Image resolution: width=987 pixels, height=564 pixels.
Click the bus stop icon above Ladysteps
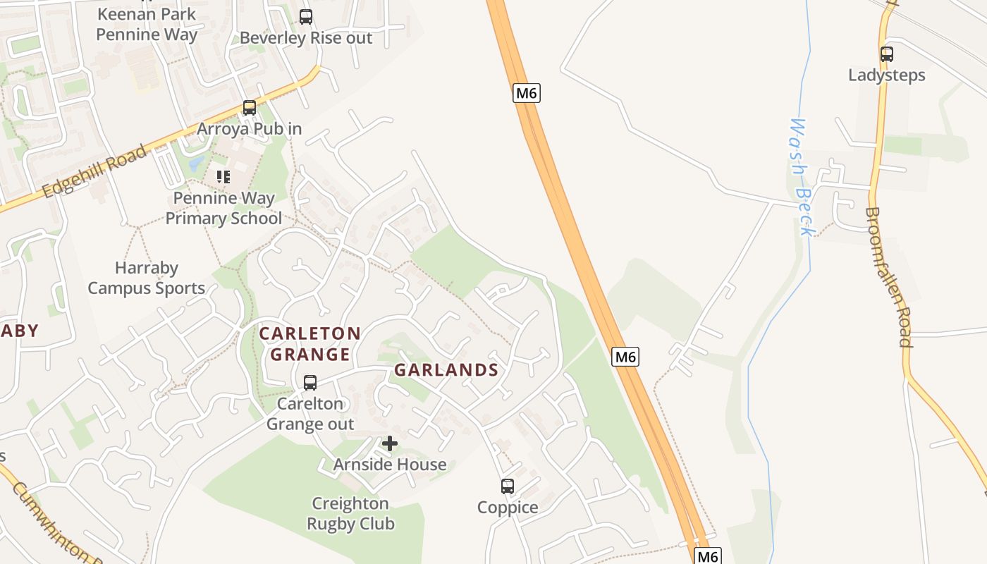point(887,54)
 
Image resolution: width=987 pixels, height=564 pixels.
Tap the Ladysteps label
point(887,75)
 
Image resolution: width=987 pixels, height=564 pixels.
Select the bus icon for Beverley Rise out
point(305,16)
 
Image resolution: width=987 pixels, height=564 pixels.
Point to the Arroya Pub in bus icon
point(249,108)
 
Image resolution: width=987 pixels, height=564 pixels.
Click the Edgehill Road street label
point(94,171)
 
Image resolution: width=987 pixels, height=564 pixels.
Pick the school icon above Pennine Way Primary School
point(223,176)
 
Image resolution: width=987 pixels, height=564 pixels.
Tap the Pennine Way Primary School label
point(223,208)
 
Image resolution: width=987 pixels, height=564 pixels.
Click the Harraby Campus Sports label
point(147,278)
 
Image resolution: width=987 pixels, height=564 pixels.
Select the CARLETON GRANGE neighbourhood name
point(310,343)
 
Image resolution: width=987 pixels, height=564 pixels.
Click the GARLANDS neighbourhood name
point(446,370)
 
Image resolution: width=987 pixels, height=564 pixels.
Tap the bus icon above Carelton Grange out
point(309,382)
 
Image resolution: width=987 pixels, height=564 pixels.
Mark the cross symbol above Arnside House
point(390,443)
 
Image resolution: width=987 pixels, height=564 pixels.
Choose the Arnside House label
point(390,465)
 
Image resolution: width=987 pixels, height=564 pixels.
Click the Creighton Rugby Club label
point(350,513)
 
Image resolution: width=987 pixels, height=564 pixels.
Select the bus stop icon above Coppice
point(508,486)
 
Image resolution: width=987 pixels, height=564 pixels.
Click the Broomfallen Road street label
point(890,276)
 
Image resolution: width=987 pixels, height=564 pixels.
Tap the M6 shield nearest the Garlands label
point(625,357)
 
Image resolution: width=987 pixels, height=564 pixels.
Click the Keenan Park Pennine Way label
point(147,24)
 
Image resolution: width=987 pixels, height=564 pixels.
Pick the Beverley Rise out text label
point(305,38)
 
